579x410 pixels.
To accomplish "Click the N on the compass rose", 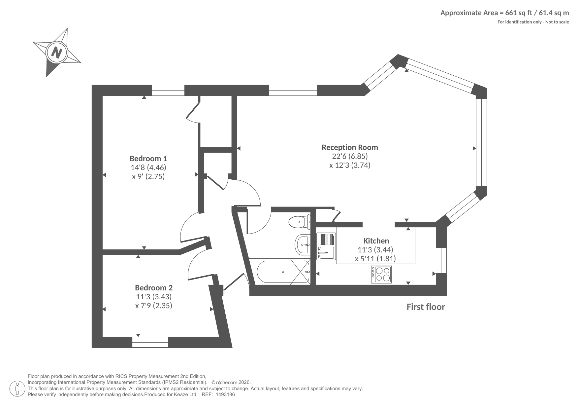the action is [x=57, y=53].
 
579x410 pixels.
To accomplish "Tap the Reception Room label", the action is [x=350, y=147].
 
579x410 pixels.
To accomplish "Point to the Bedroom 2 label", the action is [x=154, y=288].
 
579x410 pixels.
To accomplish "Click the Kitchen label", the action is [x=376, y=241].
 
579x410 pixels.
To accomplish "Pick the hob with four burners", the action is [x=381, y=275].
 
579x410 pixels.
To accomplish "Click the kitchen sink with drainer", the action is [x=326, y=246].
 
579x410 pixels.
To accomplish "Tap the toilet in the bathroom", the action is [x=300, y=222].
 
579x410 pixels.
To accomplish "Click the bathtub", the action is [x=283, y=272].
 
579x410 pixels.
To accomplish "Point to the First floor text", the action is [x=426, y=307].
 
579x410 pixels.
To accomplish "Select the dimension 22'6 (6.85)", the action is [x=350, y=156].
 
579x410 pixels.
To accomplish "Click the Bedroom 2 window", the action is [x=150, y=342].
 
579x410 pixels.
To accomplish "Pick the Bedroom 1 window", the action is [x=168, y=90].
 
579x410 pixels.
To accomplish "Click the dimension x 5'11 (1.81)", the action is [x=375, y=259].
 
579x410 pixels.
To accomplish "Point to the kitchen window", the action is [x=441, y=260].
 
